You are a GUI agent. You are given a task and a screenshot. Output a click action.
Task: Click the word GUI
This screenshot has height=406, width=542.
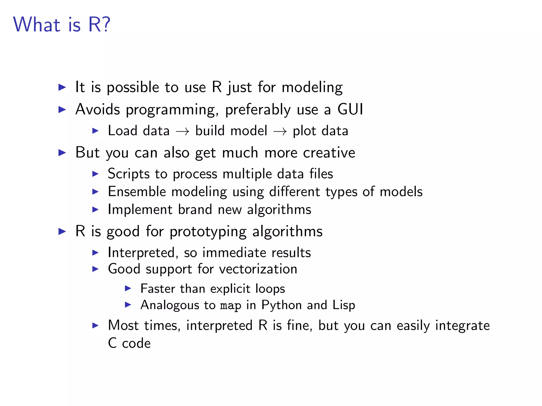tap(350, 109)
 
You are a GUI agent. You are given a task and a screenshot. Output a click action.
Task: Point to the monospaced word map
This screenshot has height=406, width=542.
tap(231, 306)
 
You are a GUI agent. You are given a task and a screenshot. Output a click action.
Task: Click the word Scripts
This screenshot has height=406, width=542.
tap(129, 174)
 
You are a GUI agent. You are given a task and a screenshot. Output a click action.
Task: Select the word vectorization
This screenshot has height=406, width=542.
tap(258, 269)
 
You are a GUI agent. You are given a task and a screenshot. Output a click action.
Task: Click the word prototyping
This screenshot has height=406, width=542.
tap(208, 232)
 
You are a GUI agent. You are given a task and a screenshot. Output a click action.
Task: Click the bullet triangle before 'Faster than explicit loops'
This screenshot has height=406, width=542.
tap(128, 288)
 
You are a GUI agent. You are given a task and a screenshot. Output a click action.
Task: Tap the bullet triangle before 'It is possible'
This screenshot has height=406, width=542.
tap(62, 87)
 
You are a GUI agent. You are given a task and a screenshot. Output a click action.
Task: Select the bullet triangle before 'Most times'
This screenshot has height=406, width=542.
tap(95, 325)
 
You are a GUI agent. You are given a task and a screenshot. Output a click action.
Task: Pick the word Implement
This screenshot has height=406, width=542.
tap(140, 210)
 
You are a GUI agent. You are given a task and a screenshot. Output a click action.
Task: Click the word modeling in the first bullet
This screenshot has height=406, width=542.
tap(312, 87)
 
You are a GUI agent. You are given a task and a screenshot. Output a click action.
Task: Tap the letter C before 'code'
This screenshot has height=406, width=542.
tap(112, 343)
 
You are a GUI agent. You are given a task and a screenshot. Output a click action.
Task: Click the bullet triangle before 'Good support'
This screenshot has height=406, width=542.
tap(95, 269)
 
